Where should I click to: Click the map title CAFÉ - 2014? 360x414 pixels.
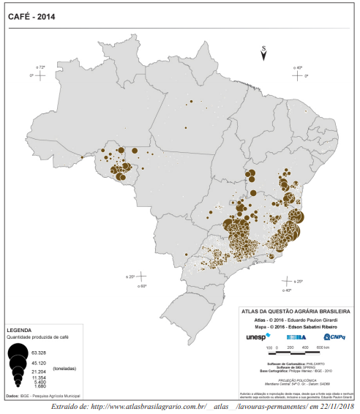32,15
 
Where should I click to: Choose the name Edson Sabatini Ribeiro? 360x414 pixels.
311,326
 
